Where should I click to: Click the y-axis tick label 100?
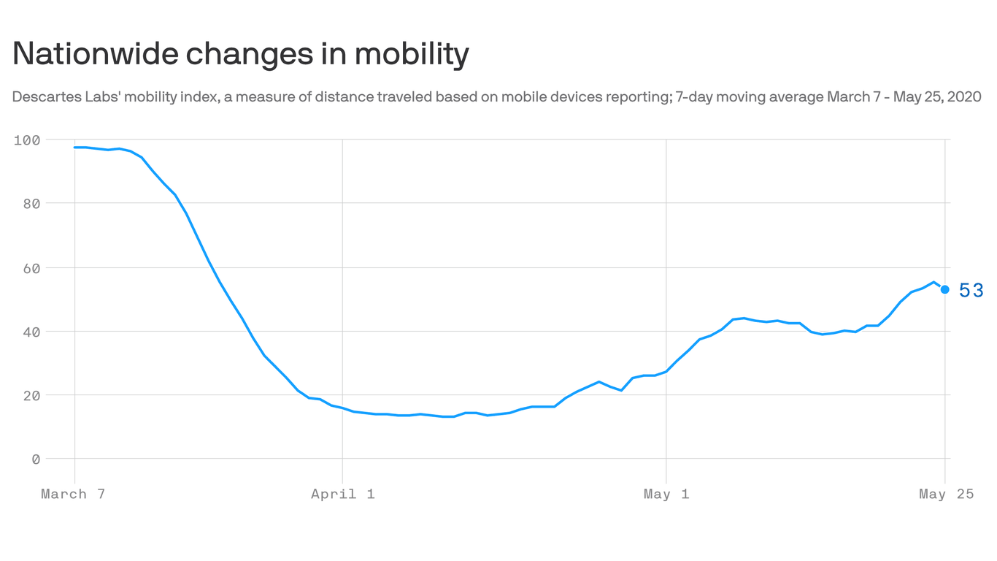pos(27,140)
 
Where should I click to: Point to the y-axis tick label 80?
pos(31,203)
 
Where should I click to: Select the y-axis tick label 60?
pos(31,267)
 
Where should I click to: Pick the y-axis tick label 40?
pos(31,331)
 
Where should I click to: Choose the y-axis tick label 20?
pos(31,395)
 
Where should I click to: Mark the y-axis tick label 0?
pos(35,459)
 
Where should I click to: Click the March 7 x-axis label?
pos(74,494)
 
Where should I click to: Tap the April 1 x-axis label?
pos(343,494)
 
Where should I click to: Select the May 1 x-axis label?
pos(666,494)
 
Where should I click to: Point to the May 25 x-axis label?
pos(946,494)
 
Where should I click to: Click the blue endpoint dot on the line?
pos(945,289)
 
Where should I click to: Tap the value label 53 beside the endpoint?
pos(971,291)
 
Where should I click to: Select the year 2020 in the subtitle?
pos(963,96)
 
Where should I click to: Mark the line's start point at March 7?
pos(75,148)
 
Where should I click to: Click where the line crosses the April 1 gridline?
pos(342,408)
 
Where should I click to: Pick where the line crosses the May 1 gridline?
pos(666,371)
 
